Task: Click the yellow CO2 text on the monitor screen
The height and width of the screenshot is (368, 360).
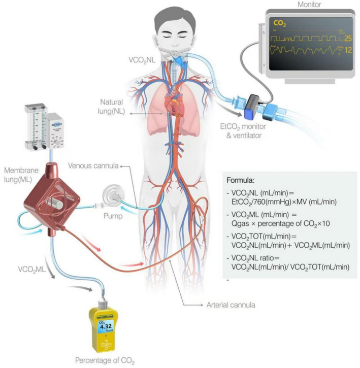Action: [x=280, y=23]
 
